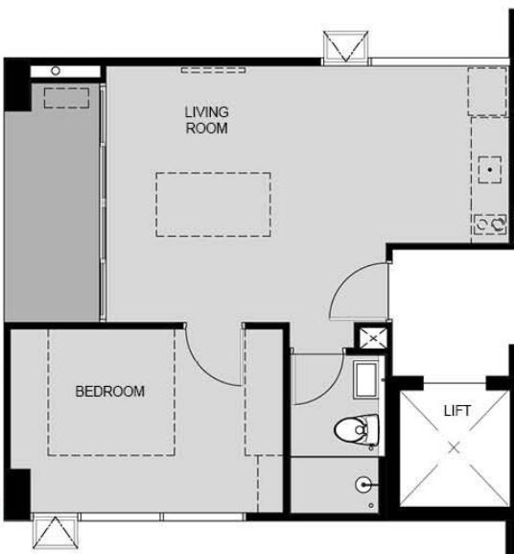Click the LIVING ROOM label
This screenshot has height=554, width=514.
(x=207, y=120)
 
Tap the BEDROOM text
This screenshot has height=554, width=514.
(x=110, y=392)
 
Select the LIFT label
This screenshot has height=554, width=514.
(x=457, y=411)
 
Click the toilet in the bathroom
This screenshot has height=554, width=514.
(x=357, y=430)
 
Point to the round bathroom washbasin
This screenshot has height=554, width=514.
(x=363, y=485)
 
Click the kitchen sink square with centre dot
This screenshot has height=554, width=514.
(x=490, y=170)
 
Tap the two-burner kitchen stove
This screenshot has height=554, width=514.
(x=490, y=224)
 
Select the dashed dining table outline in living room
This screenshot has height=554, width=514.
(x=214, y=205)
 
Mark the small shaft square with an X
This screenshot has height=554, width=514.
(x=373, y=338)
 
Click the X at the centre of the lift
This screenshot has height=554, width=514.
(x=455, y=448)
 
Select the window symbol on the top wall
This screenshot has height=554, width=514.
(x=346, y=46)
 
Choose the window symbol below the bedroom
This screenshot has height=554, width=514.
(x=56, y=533)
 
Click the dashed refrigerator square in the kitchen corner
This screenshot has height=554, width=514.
(x=487, y=92)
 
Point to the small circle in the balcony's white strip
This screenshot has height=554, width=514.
(x=56, y=71)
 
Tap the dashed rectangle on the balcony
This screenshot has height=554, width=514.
(x=67, y=98)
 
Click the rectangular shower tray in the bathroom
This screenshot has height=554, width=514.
(x=365, y=380)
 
